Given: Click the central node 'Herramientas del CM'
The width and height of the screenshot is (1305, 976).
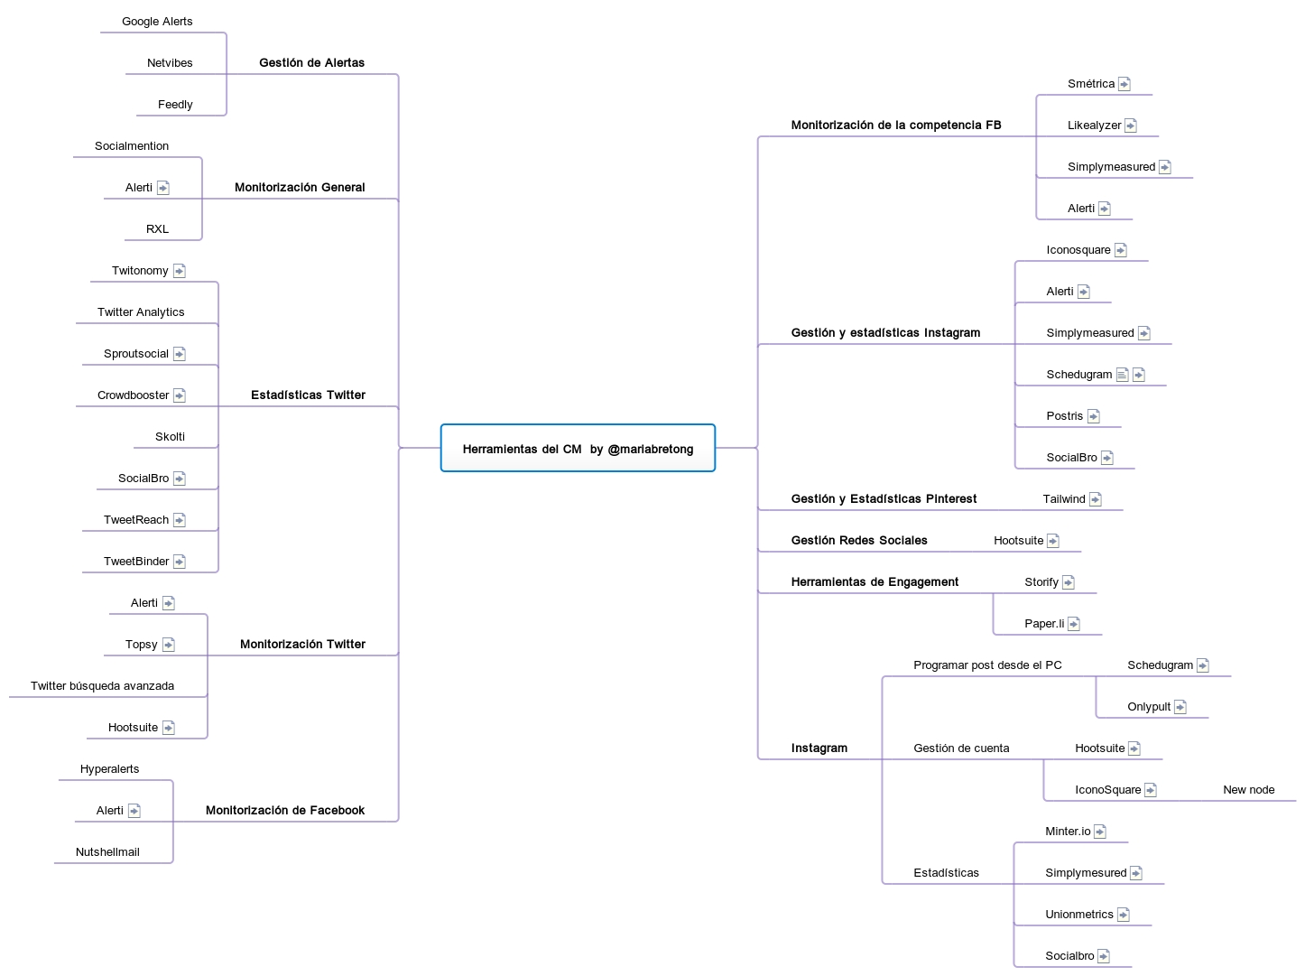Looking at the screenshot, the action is (x=578, y=449).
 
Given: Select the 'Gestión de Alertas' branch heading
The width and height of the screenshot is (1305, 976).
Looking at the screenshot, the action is (x=311, y=63).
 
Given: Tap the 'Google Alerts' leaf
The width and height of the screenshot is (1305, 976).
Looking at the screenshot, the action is (x=157, y=22).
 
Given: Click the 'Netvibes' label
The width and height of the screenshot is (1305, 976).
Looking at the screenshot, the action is (x=170, y=63).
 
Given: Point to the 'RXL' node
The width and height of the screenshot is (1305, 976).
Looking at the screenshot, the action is (x=157, y=229).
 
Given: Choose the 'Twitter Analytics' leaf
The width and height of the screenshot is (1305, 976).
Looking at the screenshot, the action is (x=141, y=312).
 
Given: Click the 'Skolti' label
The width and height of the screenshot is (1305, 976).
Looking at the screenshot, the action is (x=170, y=437).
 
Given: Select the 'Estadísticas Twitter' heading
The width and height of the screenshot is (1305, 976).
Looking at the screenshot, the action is (x=308, y=395).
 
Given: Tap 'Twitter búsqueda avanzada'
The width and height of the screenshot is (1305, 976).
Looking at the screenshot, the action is (x=102, y=686).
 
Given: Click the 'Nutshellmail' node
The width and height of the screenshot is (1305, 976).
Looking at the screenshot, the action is (x=107, y=852).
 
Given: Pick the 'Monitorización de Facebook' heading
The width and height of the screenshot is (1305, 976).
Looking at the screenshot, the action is (x=285, y=811).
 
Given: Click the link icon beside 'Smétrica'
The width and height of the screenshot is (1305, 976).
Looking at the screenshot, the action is (x=1125, y=84).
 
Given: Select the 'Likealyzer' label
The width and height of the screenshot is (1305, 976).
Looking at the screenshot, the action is (x=1094, y=125).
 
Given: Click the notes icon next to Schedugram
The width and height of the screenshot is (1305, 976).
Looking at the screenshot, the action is (x=1122, y=375).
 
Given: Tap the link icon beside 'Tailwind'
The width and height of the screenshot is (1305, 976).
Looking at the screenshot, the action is (x=1096, y=499).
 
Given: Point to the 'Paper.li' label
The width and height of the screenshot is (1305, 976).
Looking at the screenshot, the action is (x=1044, y=624).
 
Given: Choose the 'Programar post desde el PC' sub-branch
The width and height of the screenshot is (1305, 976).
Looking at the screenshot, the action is (x=987, y=665).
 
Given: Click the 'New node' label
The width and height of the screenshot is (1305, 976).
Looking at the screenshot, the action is (x=1249, y=790).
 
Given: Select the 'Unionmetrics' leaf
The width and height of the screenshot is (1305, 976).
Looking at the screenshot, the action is (x=1079, y=915).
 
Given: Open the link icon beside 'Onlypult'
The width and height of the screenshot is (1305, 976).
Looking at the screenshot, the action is (x=1180, y=707).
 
